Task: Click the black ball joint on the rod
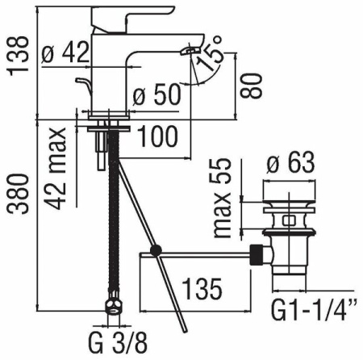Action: pyautogui.click(x=157, y=250)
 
